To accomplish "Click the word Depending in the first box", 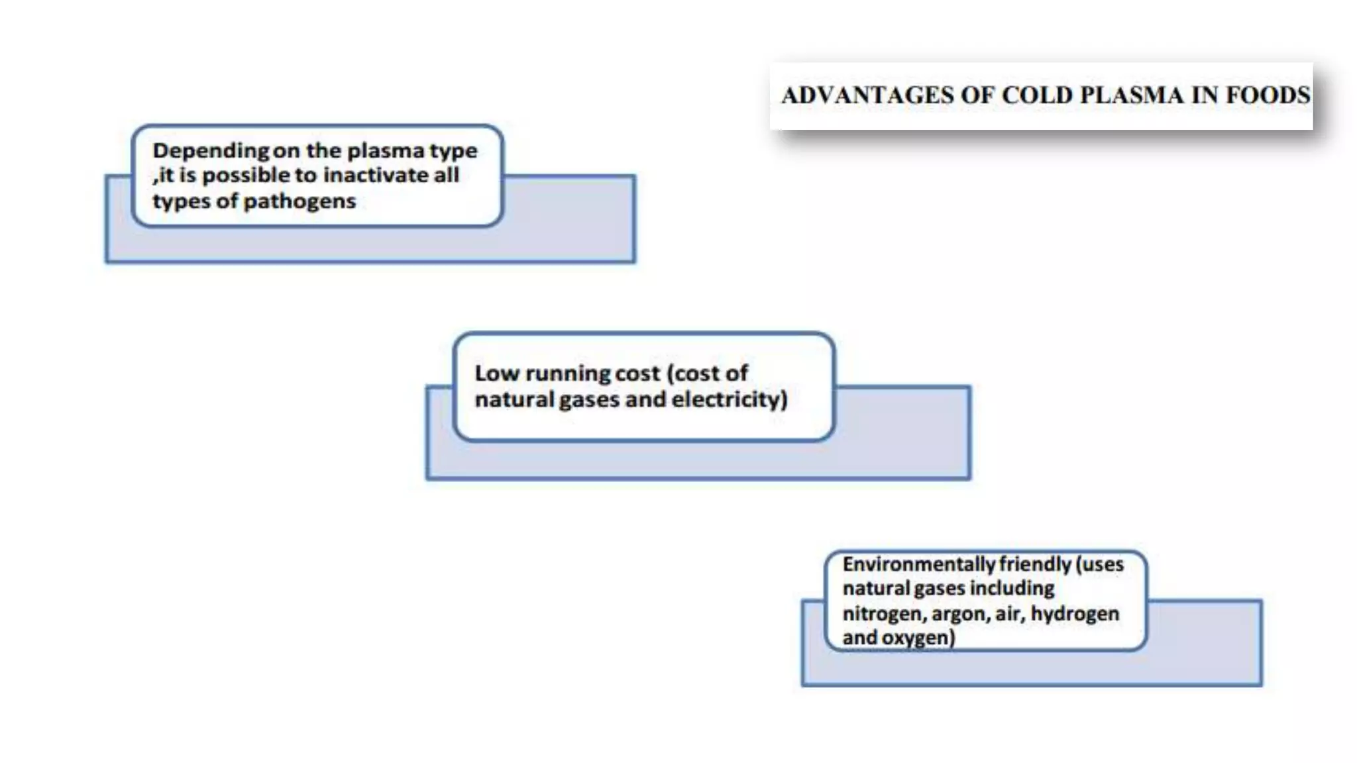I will pyautogui.click(x=211, y=151).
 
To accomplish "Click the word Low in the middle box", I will pyautogui.click(x=496, y=374).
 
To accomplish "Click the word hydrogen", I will pyautogui.click(x=1075, y=614).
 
